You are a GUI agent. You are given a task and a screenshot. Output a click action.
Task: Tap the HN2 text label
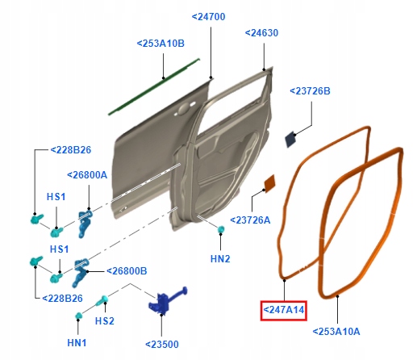pos(220,259)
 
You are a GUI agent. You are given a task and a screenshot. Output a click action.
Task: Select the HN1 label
pos(77,343)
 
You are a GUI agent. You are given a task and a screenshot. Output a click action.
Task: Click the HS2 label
pos(105,321)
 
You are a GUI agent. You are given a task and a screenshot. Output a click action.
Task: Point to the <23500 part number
pos(163,343)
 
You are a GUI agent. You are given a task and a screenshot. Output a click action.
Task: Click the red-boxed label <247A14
pos(283,309)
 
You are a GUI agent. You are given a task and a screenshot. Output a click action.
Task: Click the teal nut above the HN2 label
pos(219,231)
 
